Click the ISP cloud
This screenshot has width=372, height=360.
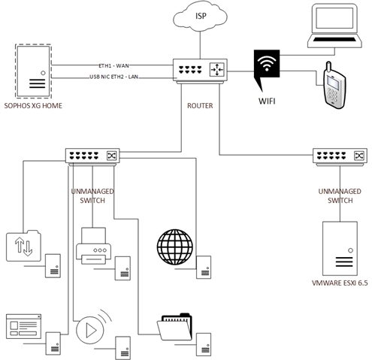pyautogui.click(x=200, y=16)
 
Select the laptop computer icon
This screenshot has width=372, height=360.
pyautogui.click(x=334, y=26)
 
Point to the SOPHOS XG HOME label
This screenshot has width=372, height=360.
pyautogui.click(x=33, y=106)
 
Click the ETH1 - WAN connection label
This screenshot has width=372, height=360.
pyautogui.click(x=113, y=66)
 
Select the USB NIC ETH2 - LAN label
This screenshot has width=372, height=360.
pyautogui.click(x=114, y=77)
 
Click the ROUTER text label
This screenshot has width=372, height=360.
pyautogui.click(x=200, y=106)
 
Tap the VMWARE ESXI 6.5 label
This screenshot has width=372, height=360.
pyautogui.click(x=340, y=283)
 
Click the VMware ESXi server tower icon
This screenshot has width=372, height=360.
pyautogui.click(x=340, y=249)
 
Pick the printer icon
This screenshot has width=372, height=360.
pyautogui.click(x=93, y=246)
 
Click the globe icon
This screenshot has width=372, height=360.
pyautogui.click(x=175, y=247)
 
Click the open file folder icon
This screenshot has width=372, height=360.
pyautogui.click(x=174, y=327)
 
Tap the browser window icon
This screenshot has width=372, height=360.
pyautogui.click(x=23, y=326)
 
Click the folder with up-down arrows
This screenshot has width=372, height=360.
pyautogui.click(x=23, y=246)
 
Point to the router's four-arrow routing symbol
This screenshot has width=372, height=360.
pyautogui.click(x=217, y=69)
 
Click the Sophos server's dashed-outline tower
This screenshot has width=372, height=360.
pyautogui.click(x=33, y=71)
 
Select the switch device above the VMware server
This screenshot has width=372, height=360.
pyautogui.click(x=340, y=157)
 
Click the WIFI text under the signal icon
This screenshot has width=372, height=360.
pyautogui.click(x=267, y=101)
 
